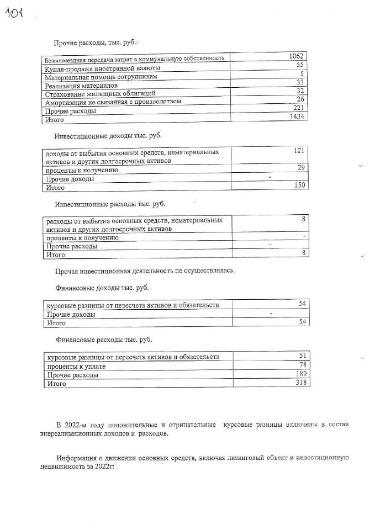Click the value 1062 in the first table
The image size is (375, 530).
coord(298,56)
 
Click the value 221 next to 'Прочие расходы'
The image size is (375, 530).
coord(299,108)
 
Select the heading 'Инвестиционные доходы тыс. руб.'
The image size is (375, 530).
coord(108,135)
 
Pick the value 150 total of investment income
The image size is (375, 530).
coord(299,185)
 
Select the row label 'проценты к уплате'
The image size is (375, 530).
coord(76,366)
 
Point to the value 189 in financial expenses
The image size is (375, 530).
coord(300,374)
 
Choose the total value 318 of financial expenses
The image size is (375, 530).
coord(299,383)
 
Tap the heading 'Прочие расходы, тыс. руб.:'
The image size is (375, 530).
coord(96,43)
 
